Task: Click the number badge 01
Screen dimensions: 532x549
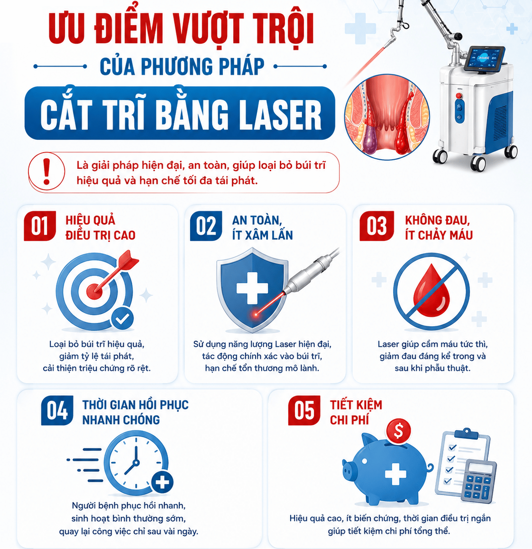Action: point(39,226)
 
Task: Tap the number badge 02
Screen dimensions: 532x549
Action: point(206,226)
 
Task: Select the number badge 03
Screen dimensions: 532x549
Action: point(376,226)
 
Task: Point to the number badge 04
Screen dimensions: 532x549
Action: point(57,411)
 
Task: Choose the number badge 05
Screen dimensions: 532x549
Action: point(304,411)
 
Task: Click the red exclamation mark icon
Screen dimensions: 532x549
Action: point(46,172)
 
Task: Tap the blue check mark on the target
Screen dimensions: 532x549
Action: point(122,318)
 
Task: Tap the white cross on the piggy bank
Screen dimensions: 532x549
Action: point(395,474)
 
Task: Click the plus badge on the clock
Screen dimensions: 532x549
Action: point(162,482)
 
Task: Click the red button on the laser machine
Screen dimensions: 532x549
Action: point(459,96)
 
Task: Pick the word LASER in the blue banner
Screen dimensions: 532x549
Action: point(273,114)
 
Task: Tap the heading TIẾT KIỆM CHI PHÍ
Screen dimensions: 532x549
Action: point(356,412)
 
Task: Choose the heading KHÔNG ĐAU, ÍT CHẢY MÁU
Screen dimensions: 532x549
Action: point(439,228)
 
